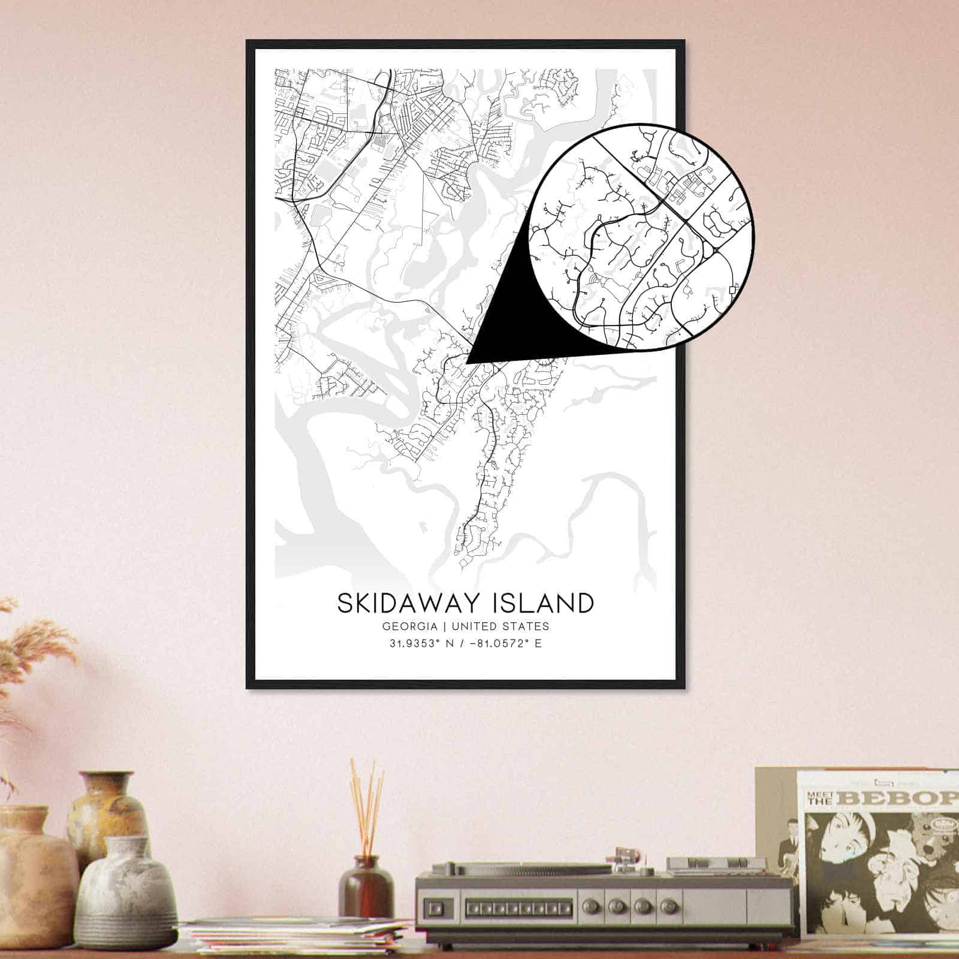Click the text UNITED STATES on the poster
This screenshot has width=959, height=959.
[x=500, y=626]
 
